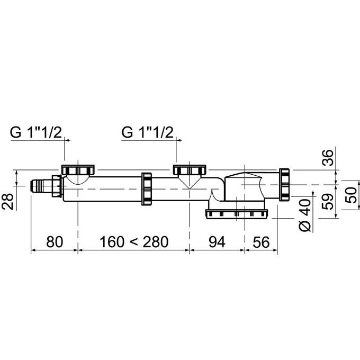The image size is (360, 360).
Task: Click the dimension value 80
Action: pyautogui.click(x=54, y=242)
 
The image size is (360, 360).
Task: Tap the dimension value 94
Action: pyautogui.click(x=217, y=242)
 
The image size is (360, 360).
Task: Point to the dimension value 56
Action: pyautogui.click(x=260, y=242)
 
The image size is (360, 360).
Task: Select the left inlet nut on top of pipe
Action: pyautogui.click(x=78, y=170)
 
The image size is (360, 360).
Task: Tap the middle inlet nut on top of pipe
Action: pyautogui.click(x=190, y=170)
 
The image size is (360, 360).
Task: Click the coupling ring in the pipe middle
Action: pyautogui.click(x=147, y=189)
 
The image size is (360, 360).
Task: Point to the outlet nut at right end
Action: pyautogui.click(x=284, y=184)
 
